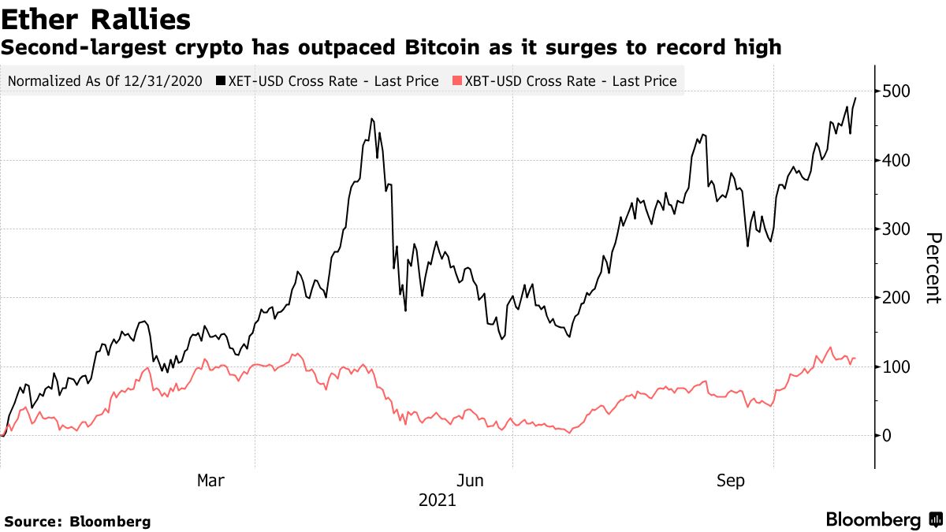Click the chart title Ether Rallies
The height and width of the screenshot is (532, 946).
pos(95,18)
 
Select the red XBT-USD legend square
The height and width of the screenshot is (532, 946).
pos(457,81)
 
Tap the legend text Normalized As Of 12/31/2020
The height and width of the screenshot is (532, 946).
pos(104,81)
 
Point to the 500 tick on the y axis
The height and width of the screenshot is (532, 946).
pos(898,91)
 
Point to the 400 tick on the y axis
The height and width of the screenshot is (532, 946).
pos(898,160)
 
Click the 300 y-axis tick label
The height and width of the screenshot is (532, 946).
pos(898,229)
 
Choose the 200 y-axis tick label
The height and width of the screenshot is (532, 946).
pos(898,298)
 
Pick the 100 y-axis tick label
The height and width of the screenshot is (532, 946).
pos(898,367)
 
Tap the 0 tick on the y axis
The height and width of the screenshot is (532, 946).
pos(888,436)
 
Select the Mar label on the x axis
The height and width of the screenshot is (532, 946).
pos(211,480)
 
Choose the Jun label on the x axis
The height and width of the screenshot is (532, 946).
pos(471,480)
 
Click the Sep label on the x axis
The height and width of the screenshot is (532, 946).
pos(731,480)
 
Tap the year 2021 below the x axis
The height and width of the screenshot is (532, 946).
pos(437,500)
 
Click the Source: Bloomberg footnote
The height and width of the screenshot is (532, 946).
pos(77,521)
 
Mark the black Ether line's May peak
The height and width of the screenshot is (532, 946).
pos(371,119)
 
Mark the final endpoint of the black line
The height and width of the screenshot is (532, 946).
pos(856,98)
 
